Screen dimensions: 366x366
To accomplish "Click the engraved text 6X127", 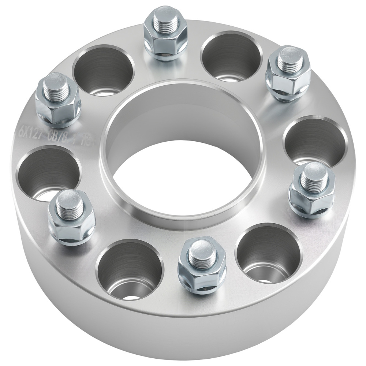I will pos(32,132).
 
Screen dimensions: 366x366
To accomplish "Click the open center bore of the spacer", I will pos(183,176).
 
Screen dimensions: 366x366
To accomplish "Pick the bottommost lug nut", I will pos(202,265).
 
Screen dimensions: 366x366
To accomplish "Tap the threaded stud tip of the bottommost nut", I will pos(202,253).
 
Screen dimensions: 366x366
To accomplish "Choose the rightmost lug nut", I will pos(312,190).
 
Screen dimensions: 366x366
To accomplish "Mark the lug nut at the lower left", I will pos(72,218).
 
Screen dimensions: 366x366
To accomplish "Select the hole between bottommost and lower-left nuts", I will pos(130,269).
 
